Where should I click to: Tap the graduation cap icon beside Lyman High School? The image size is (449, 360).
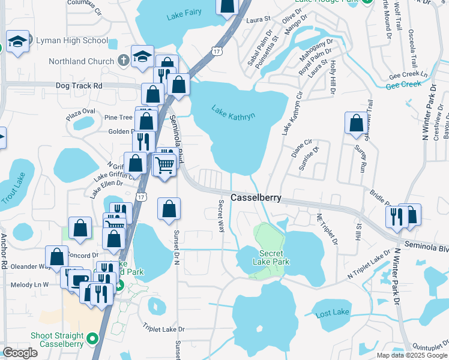point(18,42)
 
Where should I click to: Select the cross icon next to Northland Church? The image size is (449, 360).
point(123,61)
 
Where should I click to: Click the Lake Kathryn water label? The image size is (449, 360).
point(234,112)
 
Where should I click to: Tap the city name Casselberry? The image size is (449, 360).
point(256,197)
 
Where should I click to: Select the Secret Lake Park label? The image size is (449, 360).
point(274,257)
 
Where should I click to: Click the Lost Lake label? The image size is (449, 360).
point(332,313)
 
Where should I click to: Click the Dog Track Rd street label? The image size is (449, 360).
point(79,86)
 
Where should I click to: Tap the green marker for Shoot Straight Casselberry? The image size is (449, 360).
point(92,339)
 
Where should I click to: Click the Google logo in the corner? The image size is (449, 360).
point(20,353)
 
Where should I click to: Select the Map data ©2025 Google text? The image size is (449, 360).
point(412,355)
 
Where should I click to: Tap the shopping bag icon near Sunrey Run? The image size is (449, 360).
point(356,122)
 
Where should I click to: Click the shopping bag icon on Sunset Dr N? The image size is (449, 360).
point(169,208)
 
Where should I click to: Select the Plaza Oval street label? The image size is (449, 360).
point(81,112)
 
